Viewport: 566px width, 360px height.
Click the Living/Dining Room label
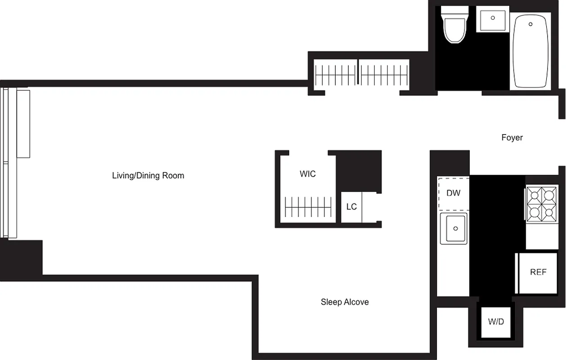(148, 175)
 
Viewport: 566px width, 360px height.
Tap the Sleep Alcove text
(345, 302)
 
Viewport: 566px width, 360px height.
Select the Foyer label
(512, 138)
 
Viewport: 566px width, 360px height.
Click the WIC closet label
(308, 174)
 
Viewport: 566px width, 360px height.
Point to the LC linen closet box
(351, 207)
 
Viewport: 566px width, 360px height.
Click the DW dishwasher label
(454, 193)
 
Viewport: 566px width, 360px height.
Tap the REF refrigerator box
(538, 272)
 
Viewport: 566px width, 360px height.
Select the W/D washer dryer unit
(496, 322)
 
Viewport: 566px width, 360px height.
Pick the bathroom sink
(492, 19)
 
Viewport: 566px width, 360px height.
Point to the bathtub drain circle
(531, 24)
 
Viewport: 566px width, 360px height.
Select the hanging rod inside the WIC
(309, 207)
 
